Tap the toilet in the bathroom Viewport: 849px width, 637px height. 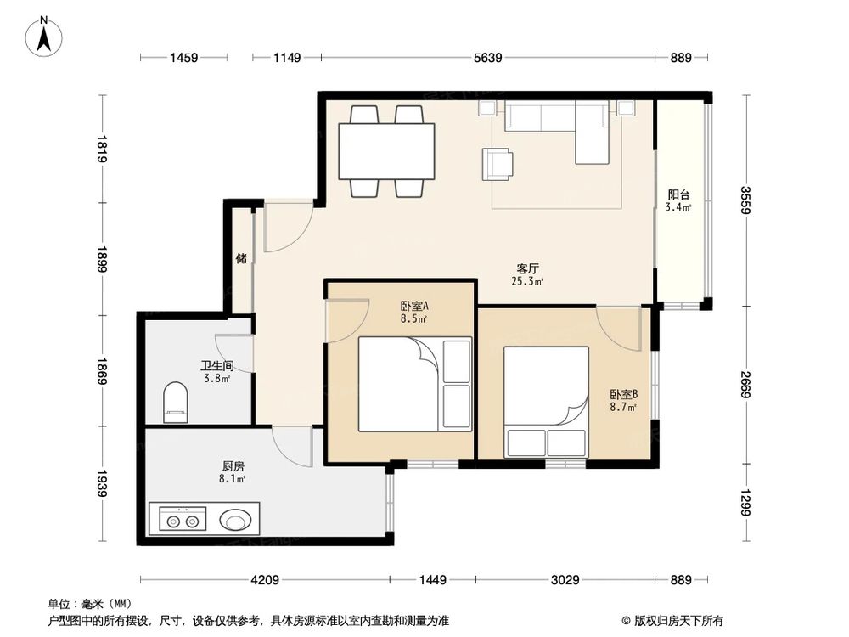tap(175, 401)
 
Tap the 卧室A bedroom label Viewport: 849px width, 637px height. tap(414, 307)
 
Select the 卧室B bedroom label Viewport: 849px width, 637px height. tap(623, 395)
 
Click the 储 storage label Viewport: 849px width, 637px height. tap(241, 258)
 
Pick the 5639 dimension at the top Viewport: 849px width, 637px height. tap(487, 58)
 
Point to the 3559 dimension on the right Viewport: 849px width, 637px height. tap(745, 200)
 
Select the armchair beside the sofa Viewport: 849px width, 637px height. tap(498, 163)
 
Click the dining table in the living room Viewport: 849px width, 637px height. tap(386, 151)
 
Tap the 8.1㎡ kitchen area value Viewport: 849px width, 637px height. tap(233, 479)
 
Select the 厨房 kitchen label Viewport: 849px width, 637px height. tap(233, 466)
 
